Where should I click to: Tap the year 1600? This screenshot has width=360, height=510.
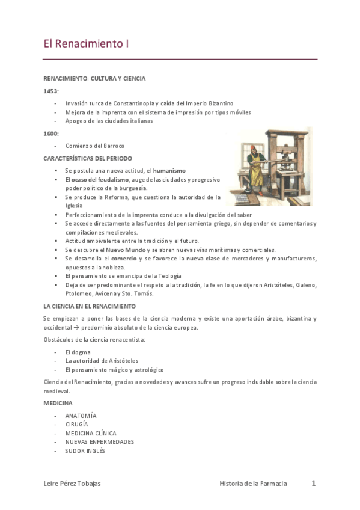tap(50, 133)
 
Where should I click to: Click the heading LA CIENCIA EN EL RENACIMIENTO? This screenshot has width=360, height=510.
tap(90, 306)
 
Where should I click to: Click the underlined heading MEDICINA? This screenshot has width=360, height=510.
tap(58, 402)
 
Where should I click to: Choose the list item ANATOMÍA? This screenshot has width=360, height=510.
tap(81, 416)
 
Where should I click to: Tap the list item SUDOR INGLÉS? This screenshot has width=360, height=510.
tap(85, 450)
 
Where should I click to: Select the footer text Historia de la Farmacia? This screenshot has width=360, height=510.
tap(253, 484)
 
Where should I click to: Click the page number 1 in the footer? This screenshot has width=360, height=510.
tap(314, 483)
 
